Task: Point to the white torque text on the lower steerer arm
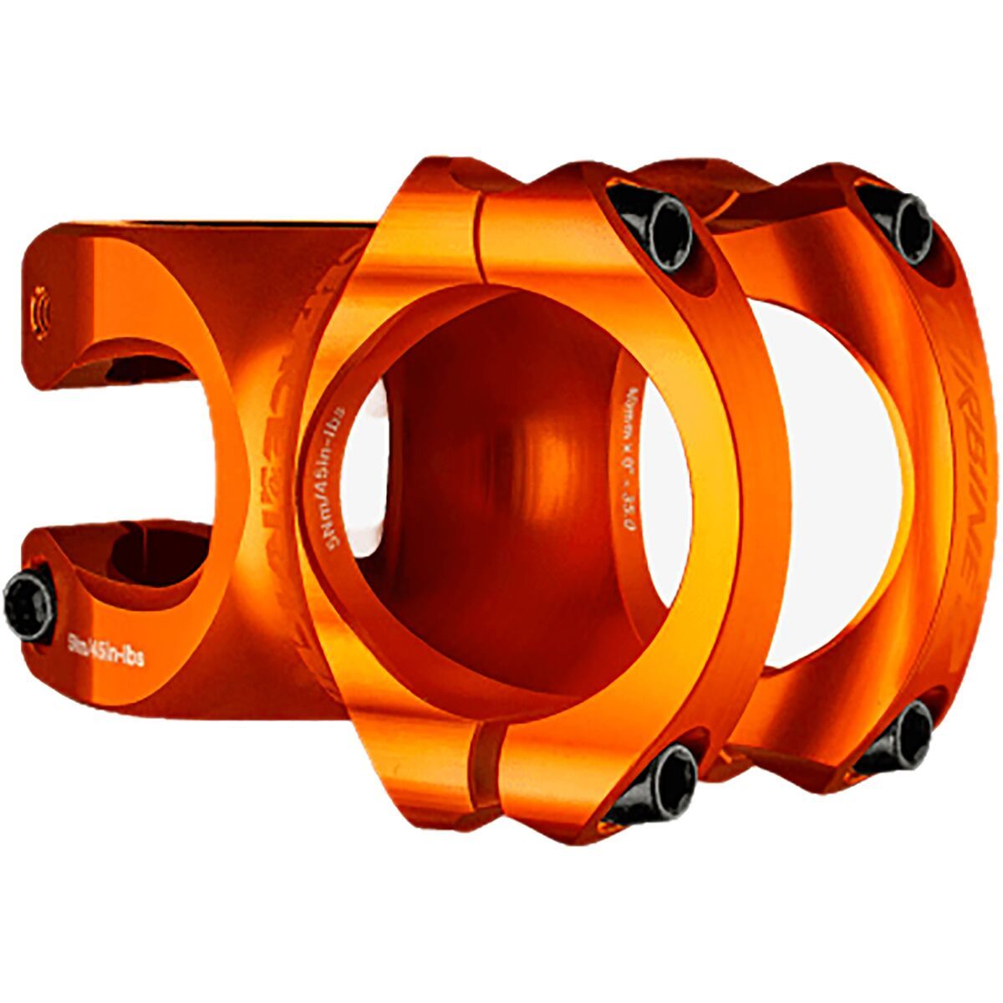(x=105, y=648)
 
